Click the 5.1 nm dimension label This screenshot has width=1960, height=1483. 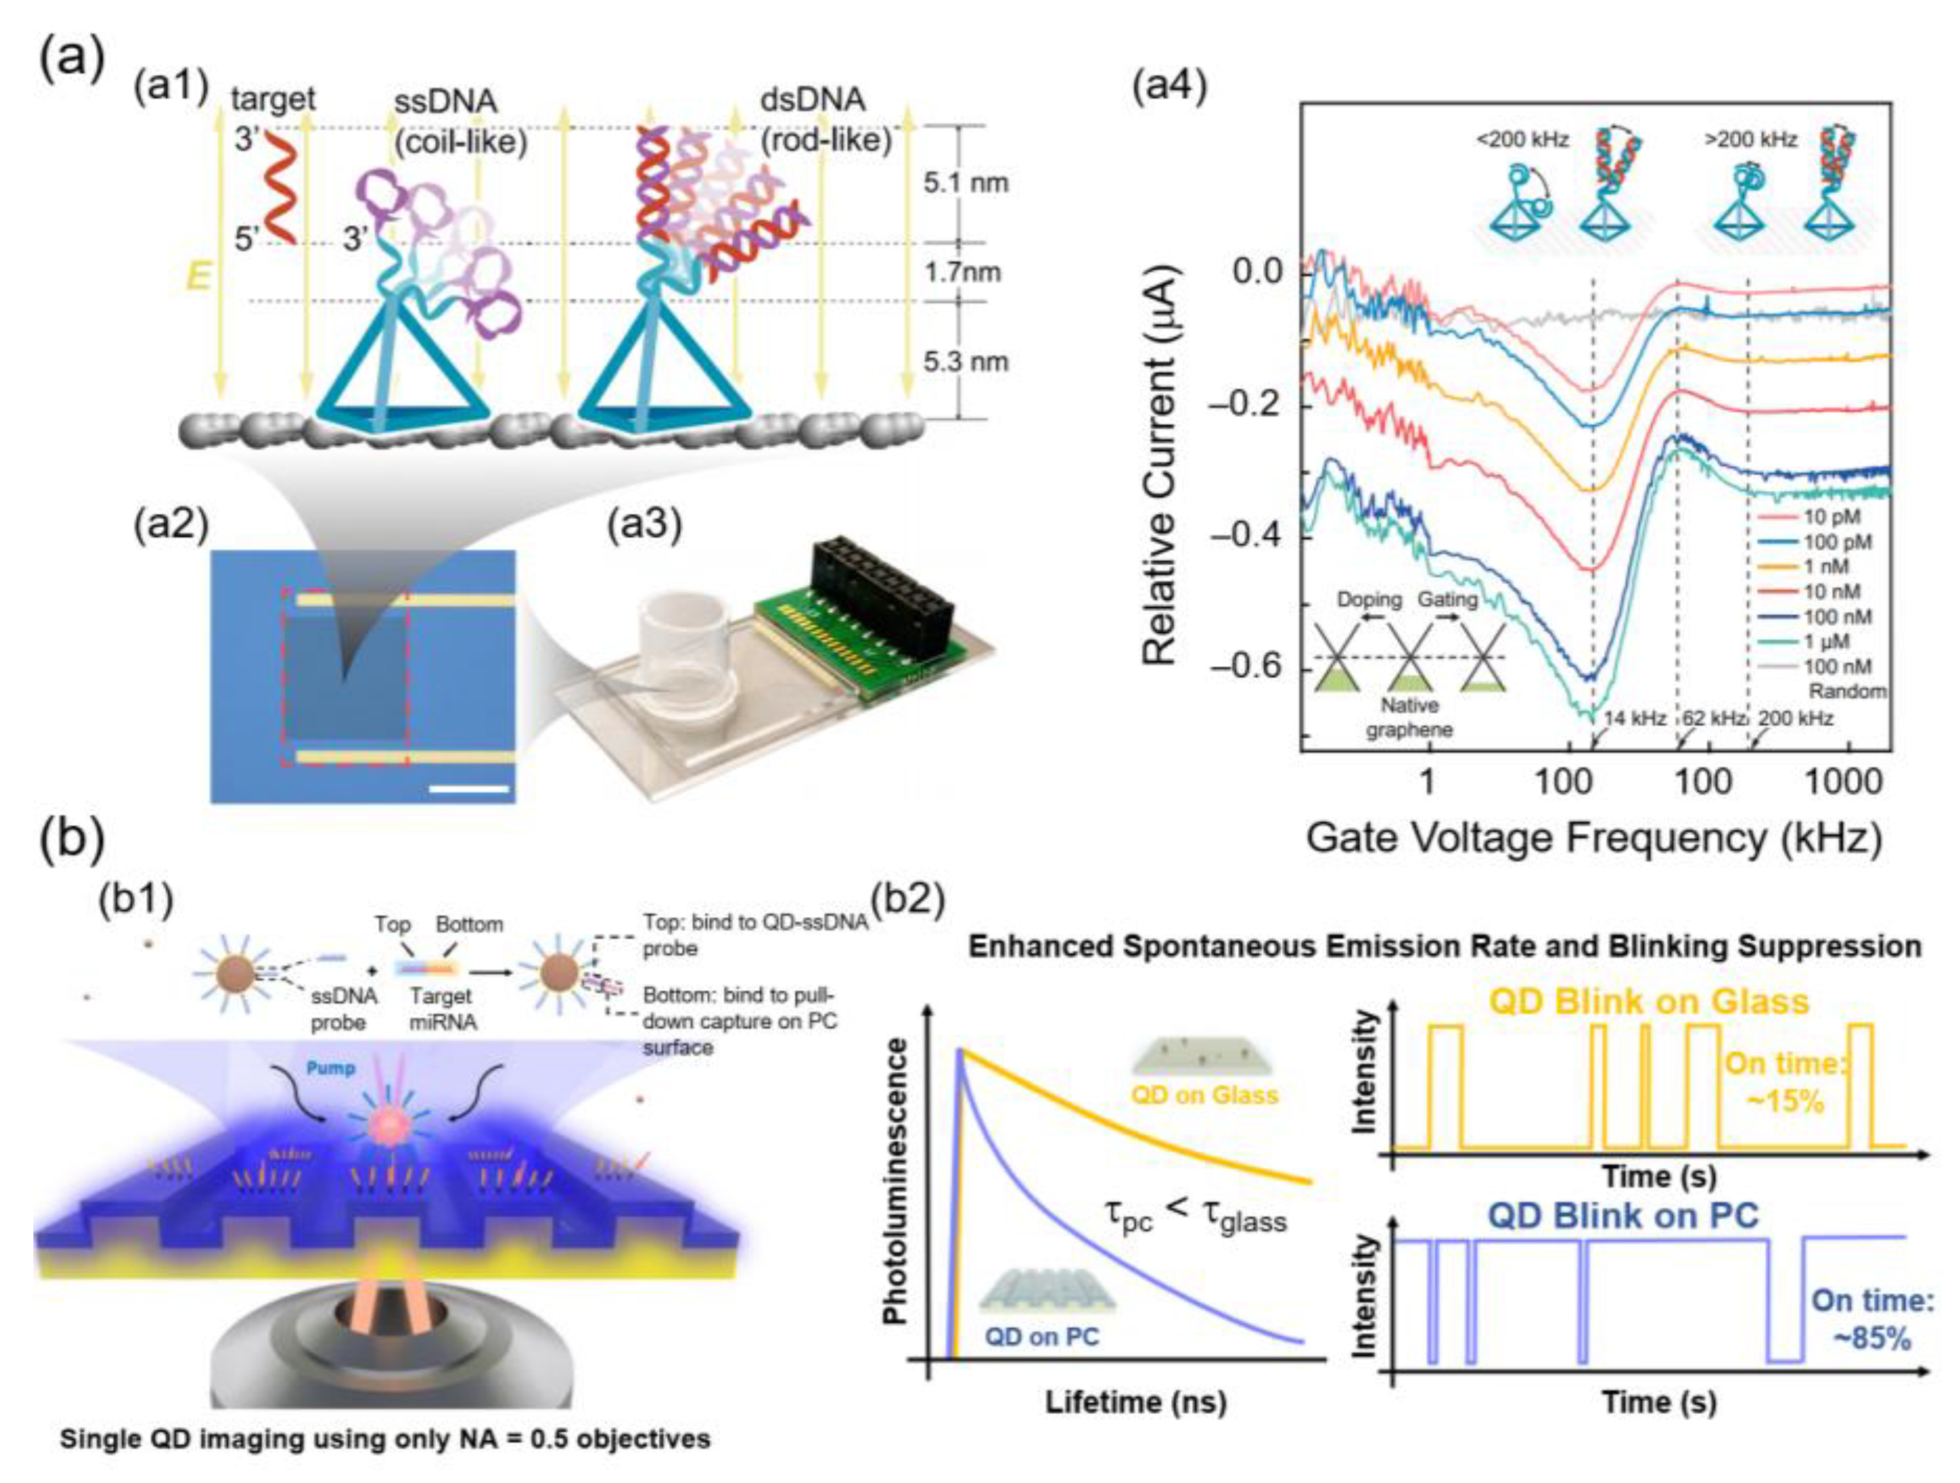[965, 183]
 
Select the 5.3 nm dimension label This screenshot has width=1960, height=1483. [965, 361]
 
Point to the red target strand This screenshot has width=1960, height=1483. [277, 188]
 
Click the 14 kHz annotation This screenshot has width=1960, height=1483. [1635, 718]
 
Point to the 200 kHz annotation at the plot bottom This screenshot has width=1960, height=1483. [1795, 718]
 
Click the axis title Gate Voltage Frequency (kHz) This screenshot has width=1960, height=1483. [1594, 837]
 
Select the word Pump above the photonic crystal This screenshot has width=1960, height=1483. [331, 1069]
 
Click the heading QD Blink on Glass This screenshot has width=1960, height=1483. [1648, 1002]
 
